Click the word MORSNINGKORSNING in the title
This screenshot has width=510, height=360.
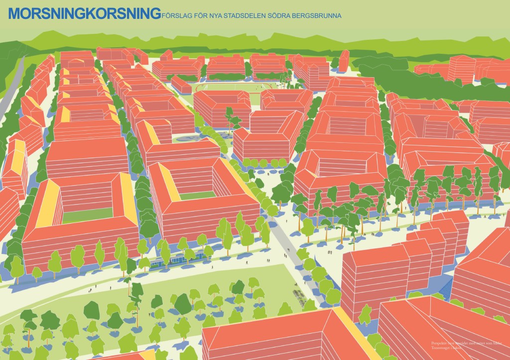click(x=85, y=13)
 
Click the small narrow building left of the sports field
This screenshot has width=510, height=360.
click(x=181, y=83)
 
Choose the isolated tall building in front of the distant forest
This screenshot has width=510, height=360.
click(x=344, y=60)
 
